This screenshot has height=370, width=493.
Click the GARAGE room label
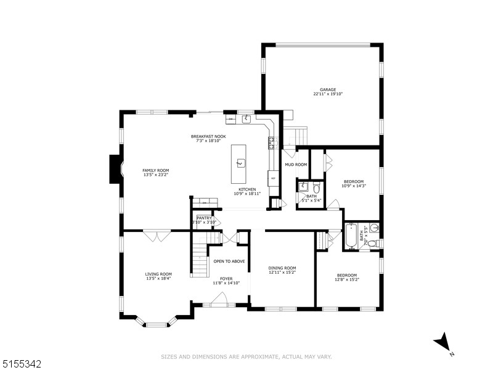click(327, 89)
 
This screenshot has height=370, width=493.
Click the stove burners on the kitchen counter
click(272, 143)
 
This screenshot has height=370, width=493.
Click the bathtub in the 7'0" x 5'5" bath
click(351, 237)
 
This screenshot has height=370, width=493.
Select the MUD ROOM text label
click(295, 165)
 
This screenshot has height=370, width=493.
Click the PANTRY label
click(204, 218)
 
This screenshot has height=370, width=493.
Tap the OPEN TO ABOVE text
click(229, 261)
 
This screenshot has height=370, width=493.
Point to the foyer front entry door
click(216, 302)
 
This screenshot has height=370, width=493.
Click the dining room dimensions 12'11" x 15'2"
click(282, 272)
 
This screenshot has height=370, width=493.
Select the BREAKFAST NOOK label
click(208, 136)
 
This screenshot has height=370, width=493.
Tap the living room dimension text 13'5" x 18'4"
click(158, 279)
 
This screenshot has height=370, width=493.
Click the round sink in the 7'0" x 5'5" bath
click(374, 228)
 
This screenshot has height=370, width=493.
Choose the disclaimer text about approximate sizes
click(246, 356)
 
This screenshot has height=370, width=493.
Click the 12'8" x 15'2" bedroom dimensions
click(346, 279)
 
